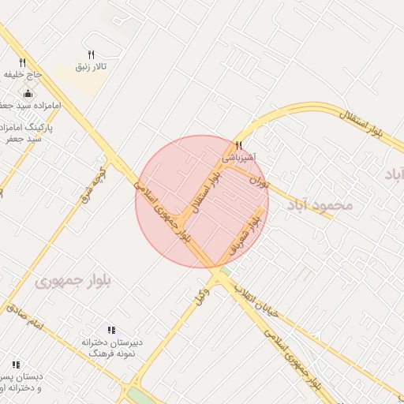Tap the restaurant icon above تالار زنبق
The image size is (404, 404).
92,55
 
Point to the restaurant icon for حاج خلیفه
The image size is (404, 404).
22,63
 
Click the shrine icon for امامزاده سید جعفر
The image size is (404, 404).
28,95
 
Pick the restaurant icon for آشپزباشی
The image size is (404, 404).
238,145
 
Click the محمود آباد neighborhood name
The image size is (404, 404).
319,204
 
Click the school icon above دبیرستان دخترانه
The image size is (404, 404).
111,330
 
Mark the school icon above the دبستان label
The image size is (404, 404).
16,365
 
